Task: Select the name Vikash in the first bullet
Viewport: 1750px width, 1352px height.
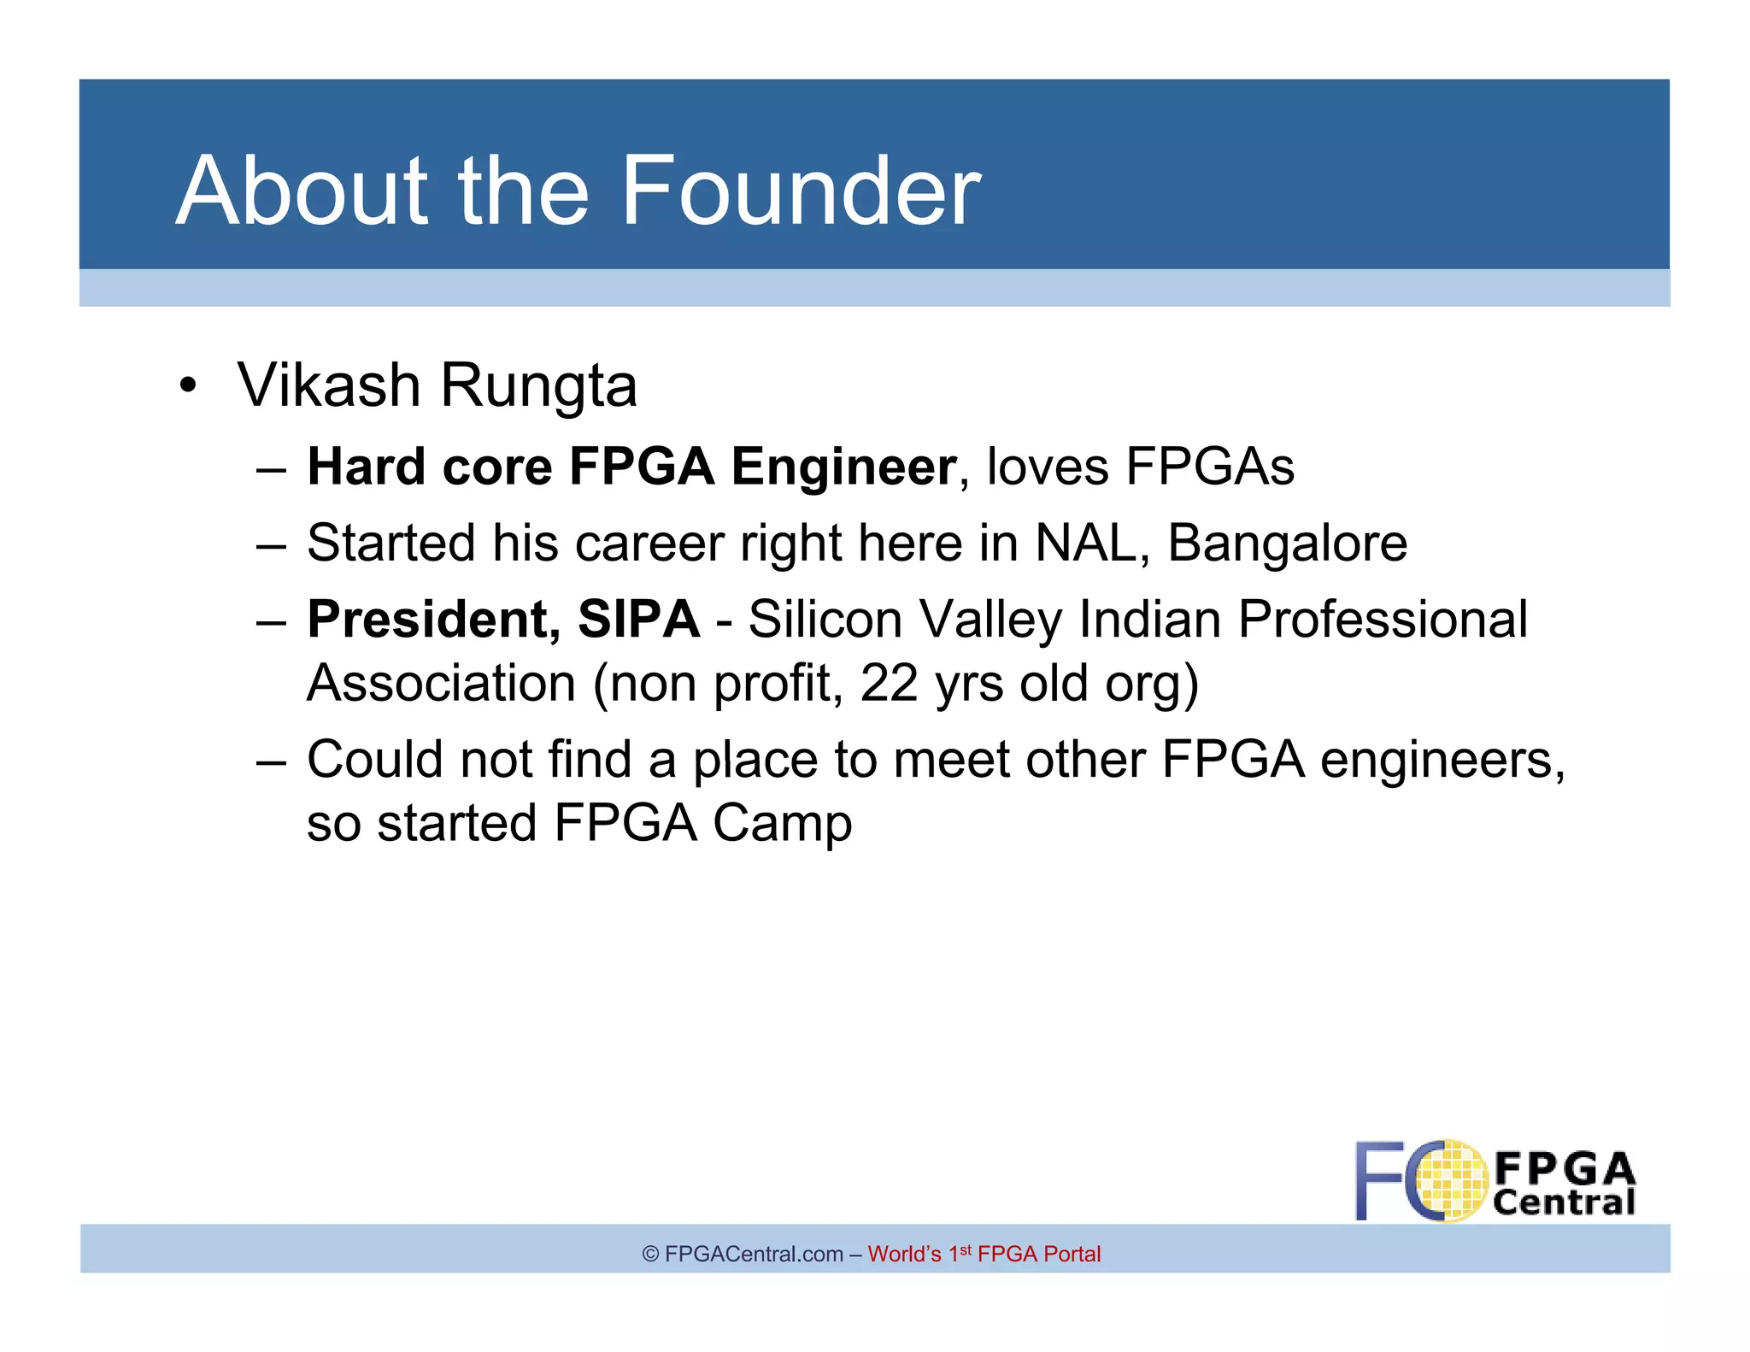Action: [328, 385]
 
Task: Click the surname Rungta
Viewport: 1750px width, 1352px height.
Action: [538, 387]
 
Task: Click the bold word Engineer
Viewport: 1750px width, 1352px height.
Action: [843, 468]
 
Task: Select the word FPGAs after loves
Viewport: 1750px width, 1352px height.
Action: [1209, 467]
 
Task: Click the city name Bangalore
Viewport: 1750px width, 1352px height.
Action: [1287, 544]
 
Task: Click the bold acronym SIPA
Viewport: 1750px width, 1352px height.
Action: [638, 620]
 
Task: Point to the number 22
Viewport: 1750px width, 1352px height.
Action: [889, 684]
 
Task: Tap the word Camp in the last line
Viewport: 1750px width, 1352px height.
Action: [782, 824]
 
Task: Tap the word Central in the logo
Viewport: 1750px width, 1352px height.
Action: [1564, 1202]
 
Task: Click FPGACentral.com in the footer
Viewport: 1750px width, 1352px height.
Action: [754, 1254]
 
